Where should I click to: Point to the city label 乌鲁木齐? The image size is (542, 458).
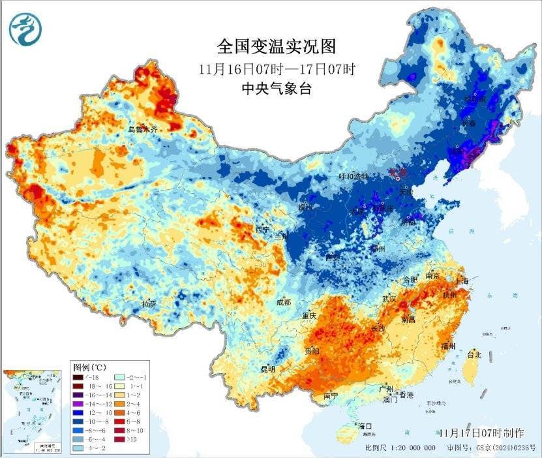(x=143, y=130)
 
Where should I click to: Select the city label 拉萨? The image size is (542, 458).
(x=149, y=304)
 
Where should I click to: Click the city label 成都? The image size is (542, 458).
(x=284, y=302)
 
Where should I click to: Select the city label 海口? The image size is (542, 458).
(x=366, y=426)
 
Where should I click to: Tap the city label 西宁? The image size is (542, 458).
(x=262, y=230)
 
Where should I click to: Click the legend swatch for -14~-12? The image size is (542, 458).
(x=78, y=404)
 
